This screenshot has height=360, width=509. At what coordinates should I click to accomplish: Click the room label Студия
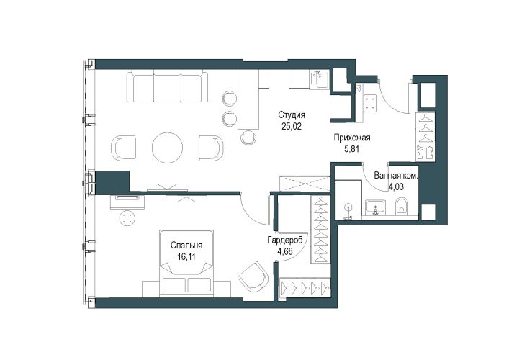(292, 115)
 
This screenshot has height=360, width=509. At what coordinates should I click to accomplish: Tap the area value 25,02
(292, 126)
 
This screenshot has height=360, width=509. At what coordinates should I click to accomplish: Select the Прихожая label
(352, 138)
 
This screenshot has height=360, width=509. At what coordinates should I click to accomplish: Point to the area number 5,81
(352, 149)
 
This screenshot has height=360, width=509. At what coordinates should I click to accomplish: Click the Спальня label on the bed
(186, 246)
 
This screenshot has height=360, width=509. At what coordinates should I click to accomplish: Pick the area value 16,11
(186, 257)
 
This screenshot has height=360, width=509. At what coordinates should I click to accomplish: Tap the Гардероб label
(285, 240)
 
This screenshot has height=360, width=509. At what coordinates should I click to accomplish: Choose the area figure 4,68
(285, 251)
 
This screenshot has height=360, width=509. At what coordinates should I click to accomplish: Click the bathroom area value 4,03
(397, 187)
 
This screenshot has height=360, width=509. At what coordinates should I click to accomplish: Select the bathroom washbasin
(376, 207)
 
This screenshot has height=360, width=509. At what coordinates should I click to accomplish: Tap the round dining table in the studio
(168, 147)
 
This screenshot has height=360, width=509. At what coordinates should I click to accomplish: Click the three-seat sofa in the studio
(167, 86)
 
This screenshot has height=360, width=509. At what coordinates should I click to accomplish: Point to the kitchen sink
(320, 80)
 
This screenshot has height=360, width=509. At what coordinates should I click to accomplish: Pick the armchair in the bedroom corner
(253, 277)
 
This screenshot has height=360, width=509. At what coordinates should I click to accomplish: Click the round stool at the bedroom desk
(127, 217)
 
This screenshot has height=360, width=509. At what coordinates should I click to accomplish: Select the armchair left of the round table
(123, 148)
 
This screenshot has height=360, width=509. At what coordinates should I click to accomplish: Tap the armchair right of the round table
(212, 148)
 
